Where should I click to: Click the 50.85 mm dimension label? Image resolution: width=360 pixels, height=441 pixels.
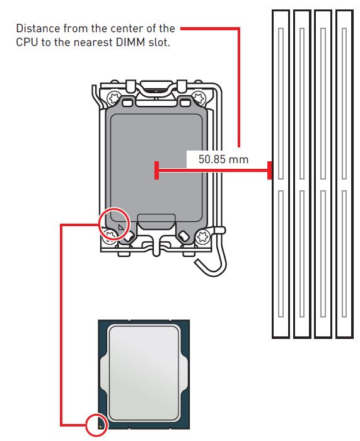coord(223,159)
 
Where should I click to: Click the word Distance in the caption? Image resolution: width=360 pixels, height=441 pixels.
coord(38,28)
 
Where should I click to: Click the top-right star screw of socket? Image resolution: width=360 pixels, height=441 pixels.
coord(199,98)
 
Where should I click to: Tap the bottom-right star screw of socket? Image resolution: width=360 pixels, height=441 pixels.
coord(202,236)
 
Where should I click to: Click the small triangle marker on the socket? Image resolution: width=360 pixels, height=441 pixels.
coord(121,227)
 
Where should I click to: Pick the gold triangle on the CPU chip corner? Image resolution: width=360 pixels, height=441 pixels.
coord(100,427)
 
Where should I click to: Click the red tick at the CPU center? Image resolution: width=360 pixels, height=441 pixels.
coord(157,170)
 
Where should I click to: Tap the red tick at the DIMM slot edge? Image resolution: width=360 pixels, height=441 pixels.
coord(269,170)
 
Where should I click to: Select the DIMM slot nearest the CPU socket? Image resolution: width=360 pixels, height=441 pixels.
coord(281,174)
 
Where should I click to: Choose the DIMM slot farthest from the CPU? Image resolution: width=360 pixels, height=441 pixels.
coord(344,174)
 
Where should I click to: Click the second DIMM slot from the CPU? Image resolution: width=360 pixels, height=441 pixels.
coord(302,174)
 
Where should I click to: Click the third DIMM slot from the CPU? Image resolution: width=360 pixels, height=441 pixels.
coord(323,174)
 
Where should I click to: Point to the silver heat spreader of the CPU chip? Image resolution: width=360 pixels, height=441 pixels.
coord(144,374)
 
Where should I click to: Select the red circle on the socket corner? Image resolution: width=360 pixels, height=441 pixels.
coord(99,224)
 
